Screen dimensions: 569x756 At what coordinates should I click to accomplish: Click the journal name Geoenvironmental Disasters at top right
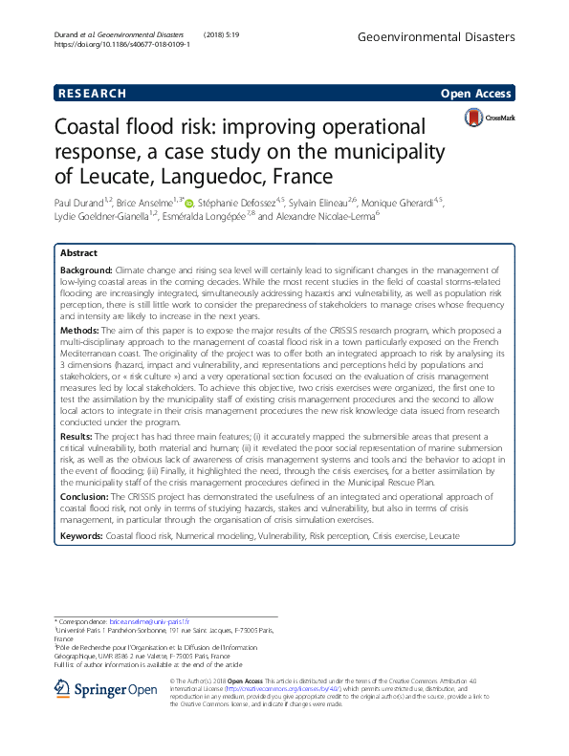pos(449,36)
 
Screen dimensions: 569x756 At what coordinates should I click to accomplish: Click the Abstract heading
pos(78,253)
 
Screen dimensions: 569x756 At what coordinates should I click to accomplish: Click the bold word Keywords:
pos(81,538)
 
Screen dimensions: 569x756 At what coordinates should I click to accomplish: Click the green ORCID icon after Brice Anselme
pos(188,203)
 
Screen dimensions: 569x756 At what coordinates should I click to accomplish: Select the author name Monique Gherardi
pos(403,203)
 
